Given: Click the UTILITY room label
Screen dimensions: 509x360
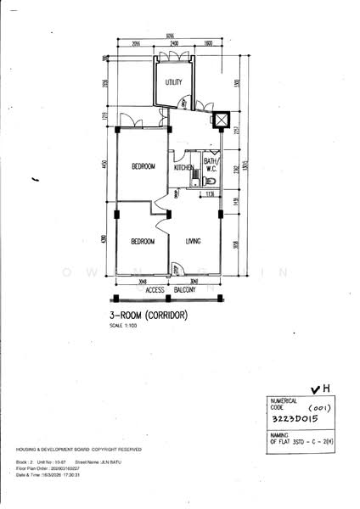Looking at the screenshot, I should tap(173, 82).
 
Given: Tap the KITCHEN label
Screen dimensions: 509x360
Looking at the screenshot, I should tap(184, 168).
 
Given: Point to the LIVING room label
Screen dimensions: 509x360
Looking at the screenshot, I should tap(194, 242).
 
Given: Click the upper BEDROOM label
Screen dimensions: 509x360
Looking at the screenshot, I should tap(143, 166).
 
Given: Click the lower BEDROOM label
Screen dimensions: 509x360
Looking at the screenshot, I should tap(143, 242).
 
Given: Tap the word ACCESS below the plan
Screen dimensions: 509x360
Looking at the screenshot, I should tap(155, 290).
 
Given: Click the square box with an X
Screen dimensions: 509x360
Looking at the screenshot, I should tap(221, 120).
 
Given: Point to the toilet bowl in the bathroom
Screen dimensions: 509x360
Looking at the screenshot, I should tap(213, 181).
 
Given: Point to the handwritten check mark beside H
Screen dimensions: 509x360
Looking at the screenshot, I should tap(316, 389).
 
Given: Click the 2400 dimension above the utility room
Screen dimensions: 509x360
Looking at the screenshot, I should tap(173, 43).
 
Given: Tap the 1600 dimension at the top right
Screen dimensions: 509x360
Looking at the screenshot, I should tap(209, 43).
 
